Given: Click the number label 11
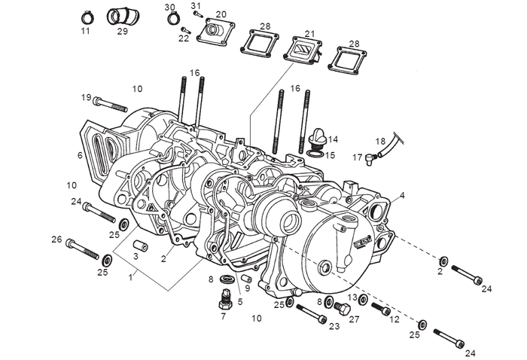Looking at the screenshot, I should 85,32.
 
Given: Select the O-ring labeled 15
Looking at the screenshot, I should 318,155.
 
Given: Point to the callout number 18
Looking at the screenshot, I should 380,141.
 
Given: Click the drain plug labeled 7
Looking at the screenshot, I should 222,301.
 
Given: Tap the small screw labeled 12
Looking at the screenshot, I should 382,310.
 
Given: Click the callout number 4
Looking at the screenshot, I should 402,196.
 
